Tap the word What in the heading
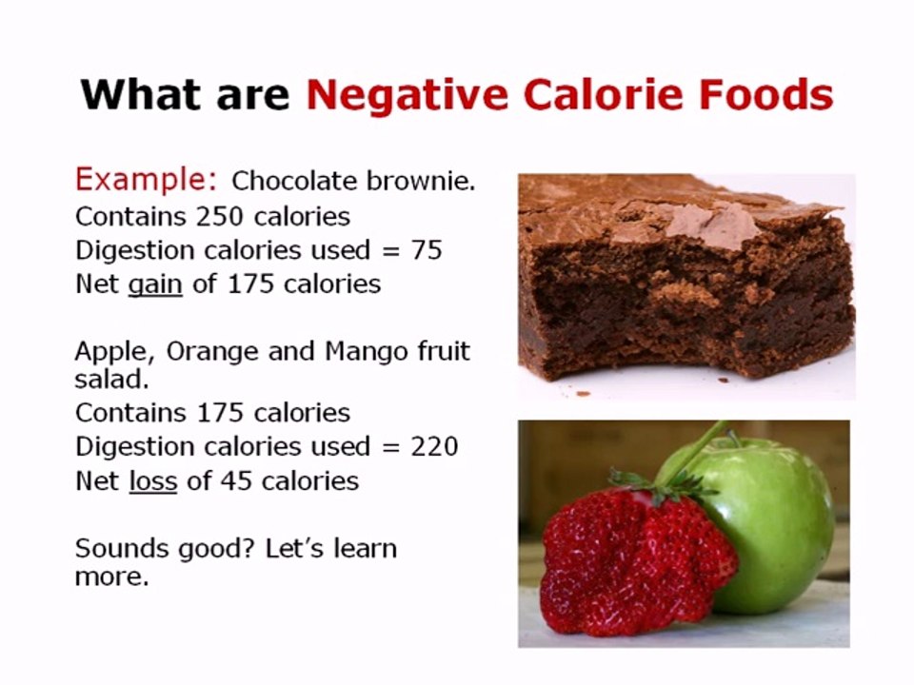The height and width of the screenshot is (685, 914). [136, 95]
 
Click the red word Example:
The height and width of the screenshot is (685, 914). [147, 180]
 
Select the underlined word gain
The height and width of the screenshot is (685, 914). [154, 284]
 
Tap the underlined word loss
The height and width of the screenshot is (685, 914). [153, 481]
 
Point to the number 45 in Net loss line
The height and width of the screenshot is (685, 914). [234, 481]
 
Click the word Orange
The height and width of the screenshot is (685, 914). [207, 352]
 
